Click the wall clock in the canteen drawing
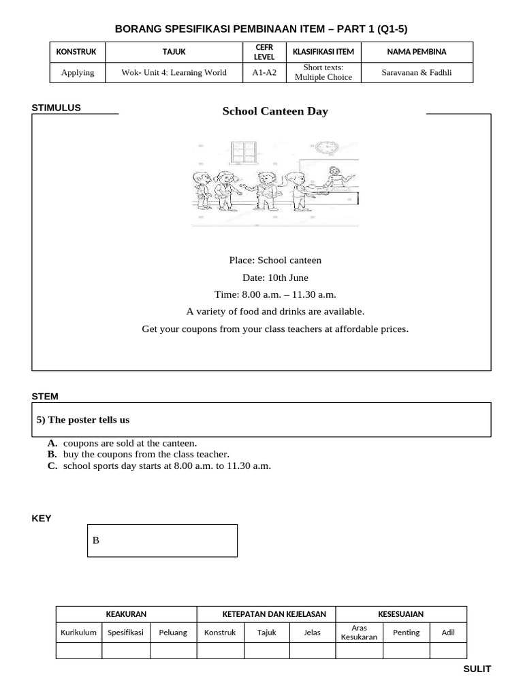pos(327,147)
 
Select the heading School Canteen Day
pos(275,111)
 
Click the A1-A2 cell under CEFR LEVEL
pos(264,72)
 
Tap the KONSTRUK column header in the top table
pos(76,52)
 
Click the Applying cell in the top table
pos(78,72)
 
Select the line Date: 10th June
pos(275,277)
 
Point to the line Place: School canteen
pos(275,260)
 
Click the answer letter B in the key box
pos(96,541)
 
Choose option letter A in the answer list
pos(52,443)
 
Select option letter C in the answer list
pos(52,466)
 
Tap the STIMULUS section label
pos(57,108)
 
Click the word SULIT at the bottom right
pos(477,669)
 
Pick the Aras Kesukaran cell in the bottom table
pos(359,632)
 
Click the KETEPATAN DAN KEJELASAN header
pos(266,614)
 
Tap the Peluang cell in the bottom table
pos(173,632)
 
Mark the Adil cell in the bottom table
pos(448,632)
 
